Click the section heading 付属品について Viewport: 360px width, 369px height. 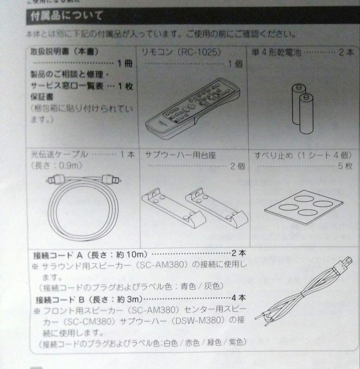67,16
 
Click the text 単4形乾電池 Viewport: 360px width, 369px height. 276,53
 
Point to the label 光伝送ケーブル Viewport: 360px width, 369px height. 57,154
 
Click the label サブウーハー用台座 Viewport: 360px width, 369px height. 181,154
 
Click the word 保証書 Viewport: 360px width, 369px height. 41,97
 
